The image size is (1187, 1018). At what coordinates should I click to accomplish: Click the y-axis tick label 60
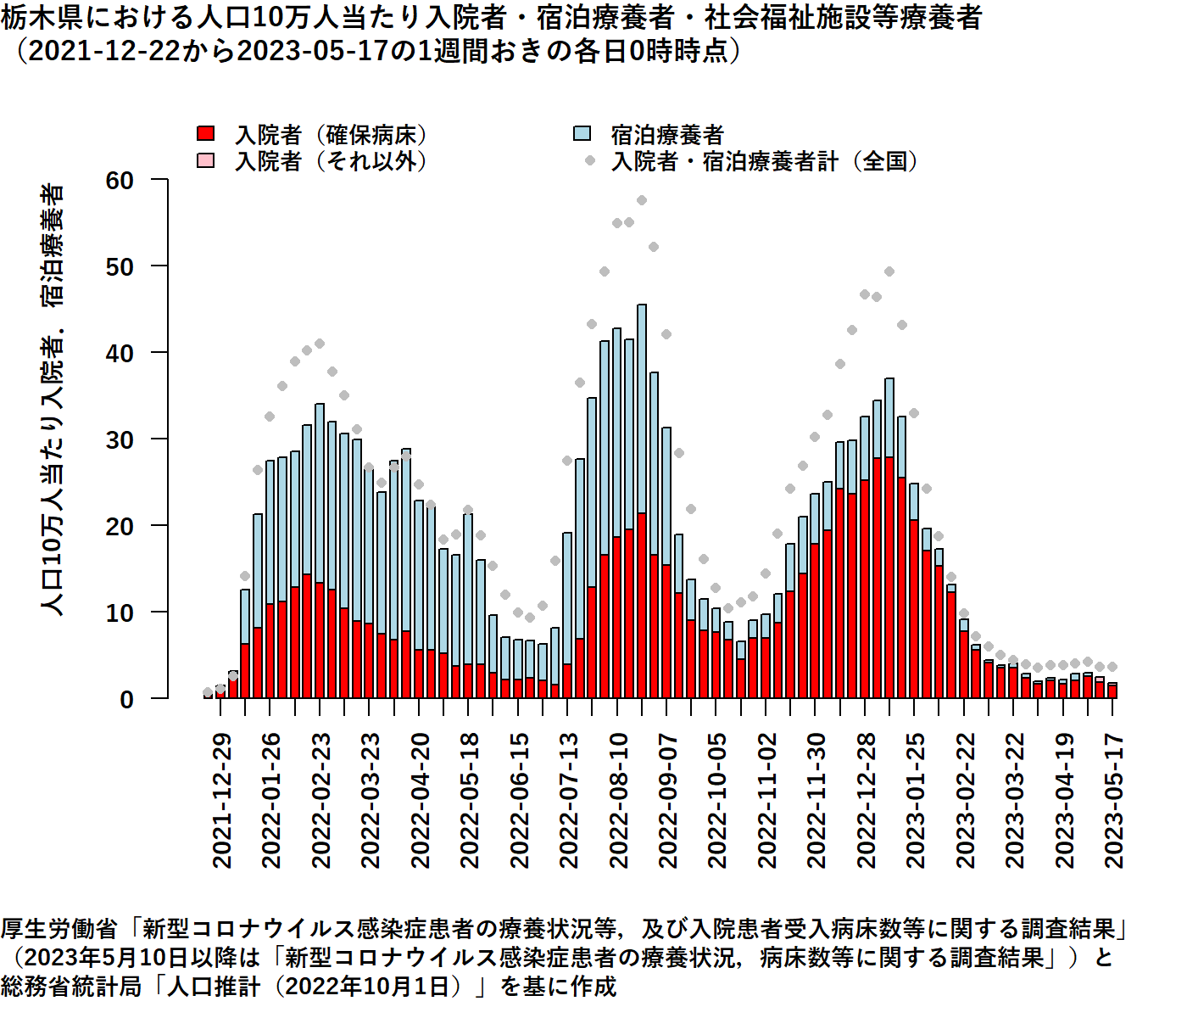pyautogui.click(x=120, y=180)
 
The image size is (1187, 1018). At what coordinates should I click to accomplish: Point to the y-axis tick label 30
pyautogui.click(x=120, y=439)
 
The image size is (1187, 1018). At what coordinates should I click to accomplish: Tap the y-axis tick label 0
pyautogui.click(x=127, y=700)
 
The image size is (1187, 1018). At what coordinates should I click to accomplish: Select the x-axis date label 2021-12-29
pyautogui.click(x=221, y=801)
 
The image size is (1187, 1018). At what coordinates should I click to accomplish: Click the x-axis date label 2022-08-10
pyautogui.click(x=618, y=801)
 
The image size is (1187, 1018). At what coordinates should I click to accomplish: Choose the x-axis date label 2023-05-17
pyautogui.click(x=1113, y=801)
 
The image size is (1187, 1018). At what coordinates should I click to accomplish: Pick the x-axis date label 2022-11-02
pyautogui.click(x=766, y=801)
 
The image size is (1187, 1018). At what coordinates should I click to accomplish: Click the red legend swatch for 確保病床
pyautogui.click(x=205, y=134)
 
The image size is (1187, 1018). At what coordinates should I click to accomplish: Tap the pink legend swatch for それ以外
pyautogui.click(x=205, y=160)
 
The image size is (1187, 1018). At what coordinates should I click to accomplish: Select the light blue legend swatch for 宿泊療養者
pyautogui.click(x=582, y=134)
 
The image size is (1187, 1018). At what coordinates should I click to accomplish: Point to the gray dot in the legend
pyautogui.click(x=589, y=160)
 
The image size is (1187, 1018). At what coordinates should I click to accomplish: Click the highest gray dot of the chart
pyautogui.click(x=642, y=200)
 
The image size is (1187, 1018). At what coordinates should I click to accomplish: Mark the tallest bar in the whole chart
pyautogui.click(x=642, y=501)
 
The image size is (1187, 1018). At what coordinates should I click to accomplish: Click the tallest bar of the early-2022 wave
pyautogui.click(x=320, y=551)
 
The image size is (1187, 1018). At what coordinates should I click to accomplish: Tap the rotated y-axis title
pyautogui.click(x=53, y=399)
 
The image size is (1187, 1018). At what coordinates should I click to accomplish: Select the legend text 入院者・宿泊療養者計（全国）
pyautogui.click(x=764, y=161)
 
